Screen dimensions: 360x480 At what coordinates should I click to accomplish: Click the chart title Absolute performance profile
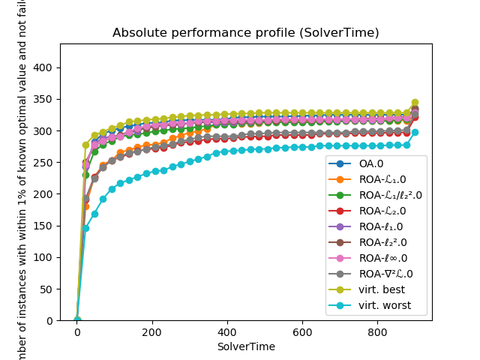click(x=245, y=33)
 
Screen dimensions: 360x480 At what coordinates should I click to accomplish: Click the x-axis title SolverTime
click(x=245, y=346)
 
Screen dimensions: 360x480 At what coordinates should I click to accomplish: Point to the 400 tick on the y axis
click(x=43, y=67)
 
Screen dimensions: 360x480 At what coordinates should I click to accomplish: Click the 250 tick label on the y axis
click(x=43, y=162)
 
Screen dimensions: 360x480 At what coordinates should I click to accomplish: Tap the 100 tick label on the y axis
click(x=43, y=257)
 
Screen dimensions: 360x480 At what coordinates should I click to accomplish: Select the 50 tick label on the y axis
click(x=46, y=289)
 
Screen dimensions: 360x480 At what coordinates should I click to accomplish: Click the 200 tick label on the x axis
click(x=152, y=332)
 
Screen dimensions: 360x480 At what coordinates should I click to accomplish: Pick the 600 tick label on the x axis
click(x=302, y=332)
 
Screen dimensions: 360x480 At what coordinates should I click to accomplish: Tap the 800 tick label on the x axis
click(x=377, y=332)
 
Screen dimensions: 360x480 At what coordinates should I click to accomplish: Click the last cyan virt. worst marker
click(x=415, y=132)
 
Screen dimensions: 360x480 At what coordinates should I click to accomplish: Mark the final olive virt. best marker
click(x=415, y=103)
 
